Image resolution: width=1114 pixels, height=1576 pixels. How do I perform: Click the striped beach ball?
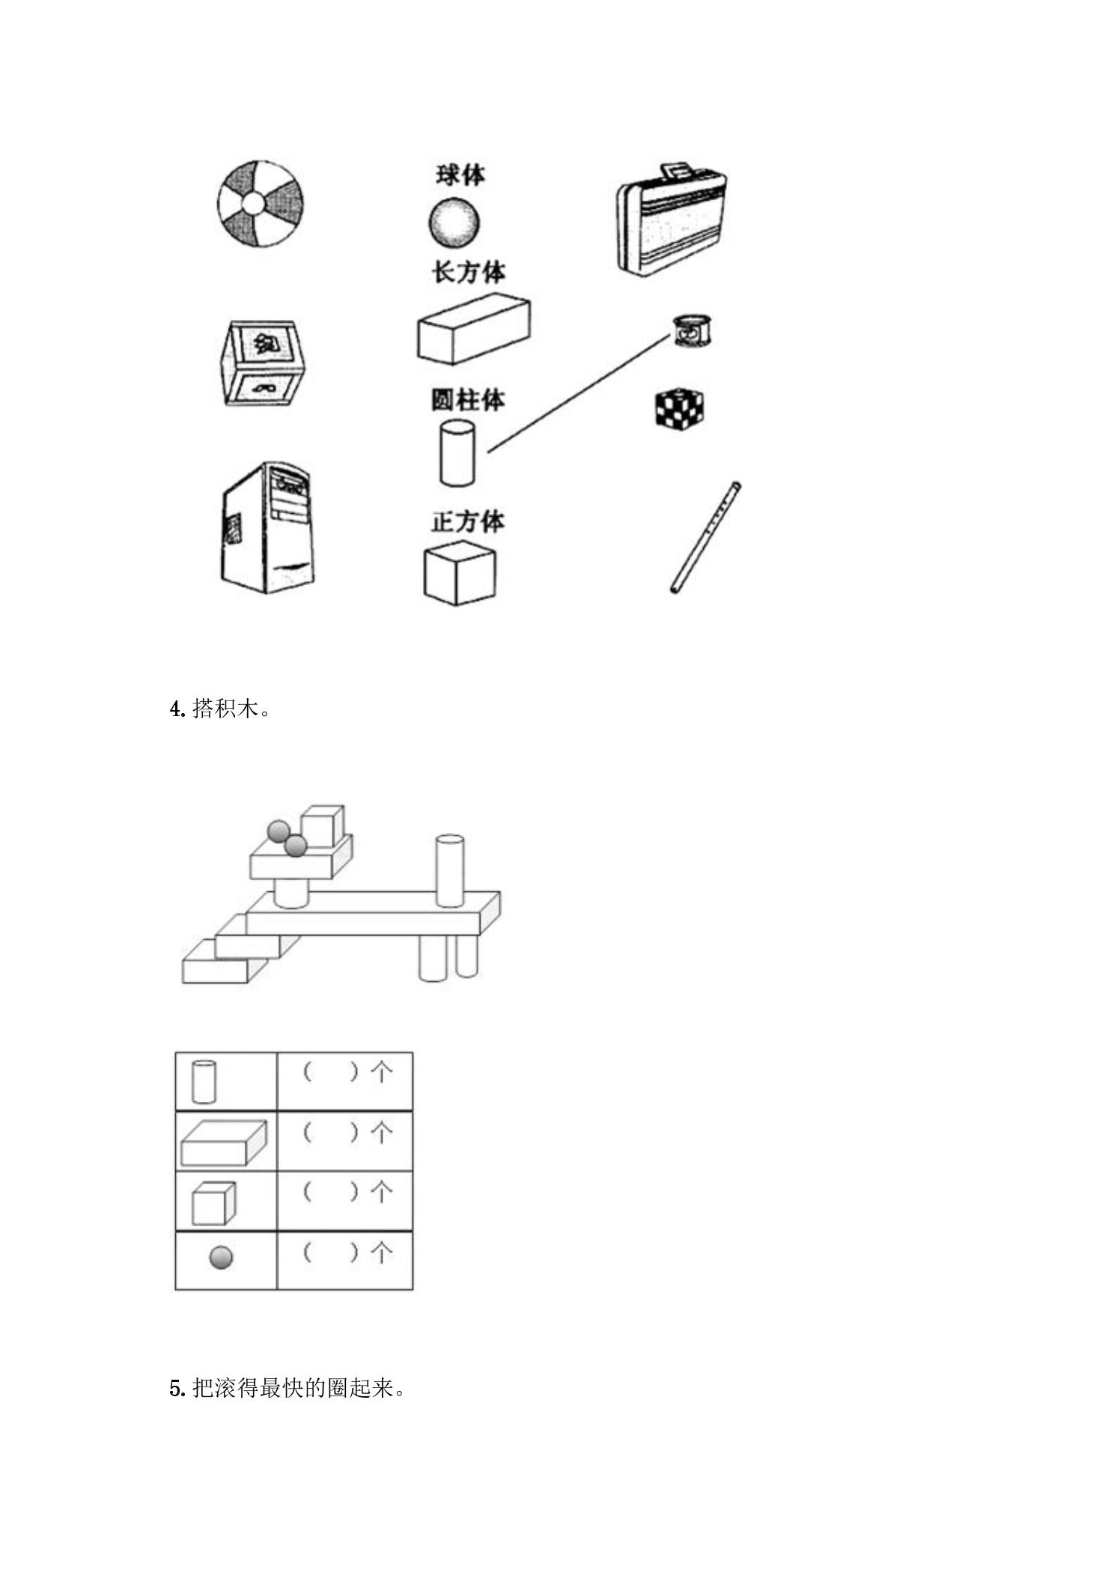[261, 203]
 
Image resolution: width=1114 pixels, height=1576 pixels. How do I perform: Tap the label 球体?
[460, 175]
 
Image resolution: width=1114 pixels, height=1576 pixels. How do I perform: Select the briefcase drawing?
[672, 219]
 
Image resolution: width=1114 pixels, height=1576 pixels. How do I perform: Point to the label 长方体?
[468, 272]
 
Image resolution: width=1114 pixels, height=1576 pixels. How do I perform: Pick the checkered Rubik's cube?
[680, 409]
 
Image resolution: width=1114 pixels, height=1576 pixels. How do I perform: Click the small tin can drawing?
[693, 330]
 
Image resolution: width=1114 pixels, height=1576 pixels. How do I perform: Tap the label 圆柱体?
[468, 400]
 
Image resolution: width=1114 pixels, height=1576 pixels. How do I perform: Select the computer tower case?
[267, 527]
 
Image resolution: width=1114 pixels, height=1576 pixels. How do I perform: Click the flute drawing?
[705, 538]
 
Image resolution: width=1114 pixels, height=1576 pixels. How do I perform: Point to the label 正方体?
[468, 521]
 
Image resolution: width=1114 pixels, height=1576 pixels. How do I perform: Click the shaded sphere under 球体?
[454, 222]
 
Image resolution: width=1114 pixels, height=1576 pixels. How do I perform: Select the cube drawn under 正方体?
[460, 573]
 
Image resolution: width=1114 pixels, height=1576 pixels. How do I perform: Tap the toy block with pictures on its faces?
[263, 364]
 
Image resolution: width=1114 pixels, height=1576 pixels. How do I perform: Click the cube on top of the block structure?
[323, 827]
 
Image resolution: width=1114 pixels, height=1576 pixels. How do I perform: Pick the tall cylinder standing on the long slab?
[449, 870]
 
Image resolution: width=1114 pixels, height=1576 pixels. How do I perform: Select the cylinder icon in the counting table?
[204, 1081]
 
